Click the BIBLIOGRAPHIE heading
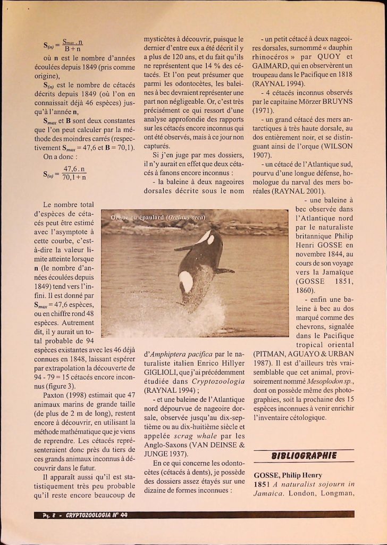point(304,456)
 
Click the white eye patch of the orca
point(211,240)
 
